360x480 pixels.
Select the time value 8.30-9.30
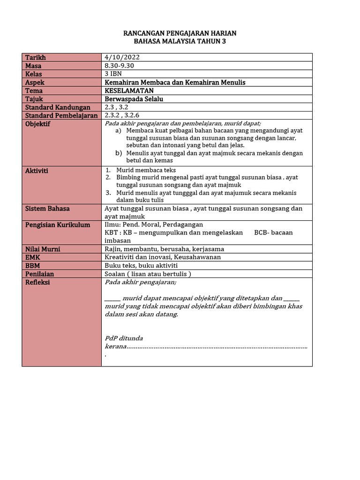point(120,66)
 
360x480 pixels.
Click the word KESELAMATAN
point(129,90)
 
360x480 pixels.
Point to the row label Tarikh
point(36,57)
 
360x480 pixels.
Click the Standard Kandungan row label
point(57,107)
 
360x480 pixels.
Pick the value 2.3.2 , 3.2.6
point(122,115)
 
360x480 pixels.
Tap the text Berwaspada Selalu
point(134,99)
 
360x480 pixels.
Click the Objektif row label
point(37,124)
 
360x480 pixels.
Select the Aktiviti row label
point(37,171)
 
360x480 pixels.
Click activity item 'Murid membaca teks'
point(146,170)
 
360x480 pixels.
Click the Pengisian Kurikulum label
point(57,225)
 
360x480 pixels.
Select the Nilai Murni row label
point(43,249)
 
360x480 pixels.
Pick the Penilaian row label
point(39,274)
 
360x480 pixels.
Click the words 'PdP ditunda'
point(124,338)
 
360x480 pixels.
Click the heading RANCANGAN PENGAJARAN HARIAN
point(180,33)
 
